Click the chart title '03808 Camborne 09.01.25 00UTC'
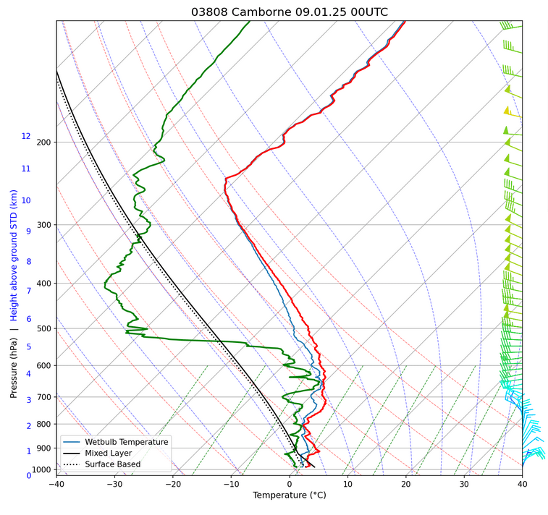tap(290, 12)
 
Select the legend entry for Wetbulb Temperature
tap(127, 442)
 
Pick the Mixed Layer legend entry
tap(115, 453)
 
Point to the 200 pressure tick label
tap(44, 142)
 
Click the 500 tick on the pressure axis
tap(44, 329)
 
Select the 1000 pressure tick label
tap(42, 470)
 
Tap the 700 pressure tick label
tap(44, 397)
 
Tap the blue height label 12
tap(26, 136)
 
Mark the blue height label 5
tap(29, 347)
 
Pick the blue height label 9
tap(28, 231)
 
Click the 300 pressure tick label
tap(44, 226)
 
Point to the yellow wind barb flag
tap(507, 111)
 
